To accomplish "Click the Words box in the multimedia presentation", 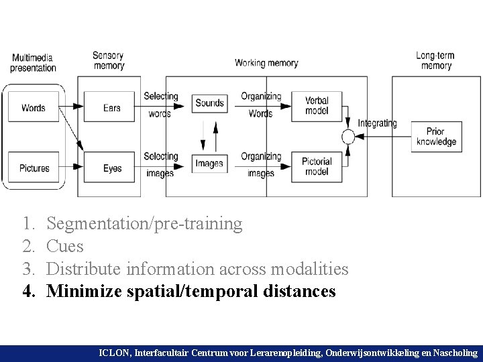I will (34, 107).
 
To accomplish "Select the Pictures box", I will (34, 168).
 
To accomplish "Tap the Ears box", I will (112, 107).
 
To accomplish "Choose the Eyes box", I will (112, 168).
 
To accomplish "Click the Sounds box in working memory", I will (209, 103).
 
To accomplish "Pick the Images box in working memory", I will (209, 163).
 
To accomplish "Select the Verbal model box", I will (317, 106).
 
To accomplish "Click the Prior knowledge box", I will (436, 137).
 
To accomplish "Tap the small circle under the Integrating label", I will (347, 137).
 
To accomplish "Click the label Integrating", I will (377, 123).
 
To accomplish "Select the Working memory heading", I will (266, 63).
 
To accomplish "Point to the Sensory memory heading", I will (109, 61).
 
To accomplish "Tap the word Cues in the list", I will (66, 246).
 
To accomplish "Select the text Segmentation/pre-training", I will (145, 223).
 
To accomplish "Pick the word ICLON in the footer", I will (116, 352).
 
